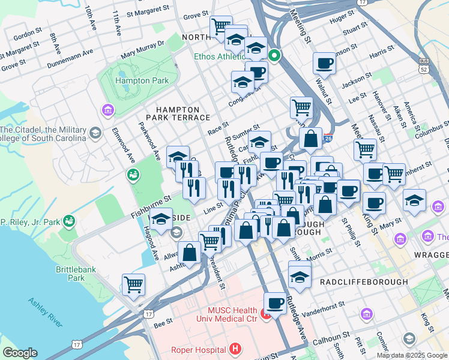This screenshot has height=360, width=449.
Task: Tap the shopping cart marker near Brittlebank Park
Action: (133, 284)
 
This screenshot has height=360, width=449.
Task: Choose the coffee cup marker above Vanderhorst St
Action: (275, 302)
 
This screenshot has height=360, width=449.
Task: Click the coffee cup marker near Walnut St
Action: (325, 62)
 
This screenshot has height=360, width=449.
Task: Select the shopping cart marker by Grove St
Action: (221, 26)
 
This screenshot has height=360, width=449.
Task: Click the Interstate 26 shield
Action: (327, 137)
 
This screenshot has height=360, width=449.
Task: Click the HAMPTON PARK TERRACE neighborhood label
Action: (183, 113)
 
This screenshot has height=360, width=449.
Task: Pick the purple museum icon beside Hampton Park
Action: (108, 110)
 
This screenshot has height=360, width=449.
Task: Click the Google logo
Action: (20, 353)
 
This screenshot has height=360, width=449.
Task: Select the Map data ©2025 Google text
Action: (411, 355)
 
